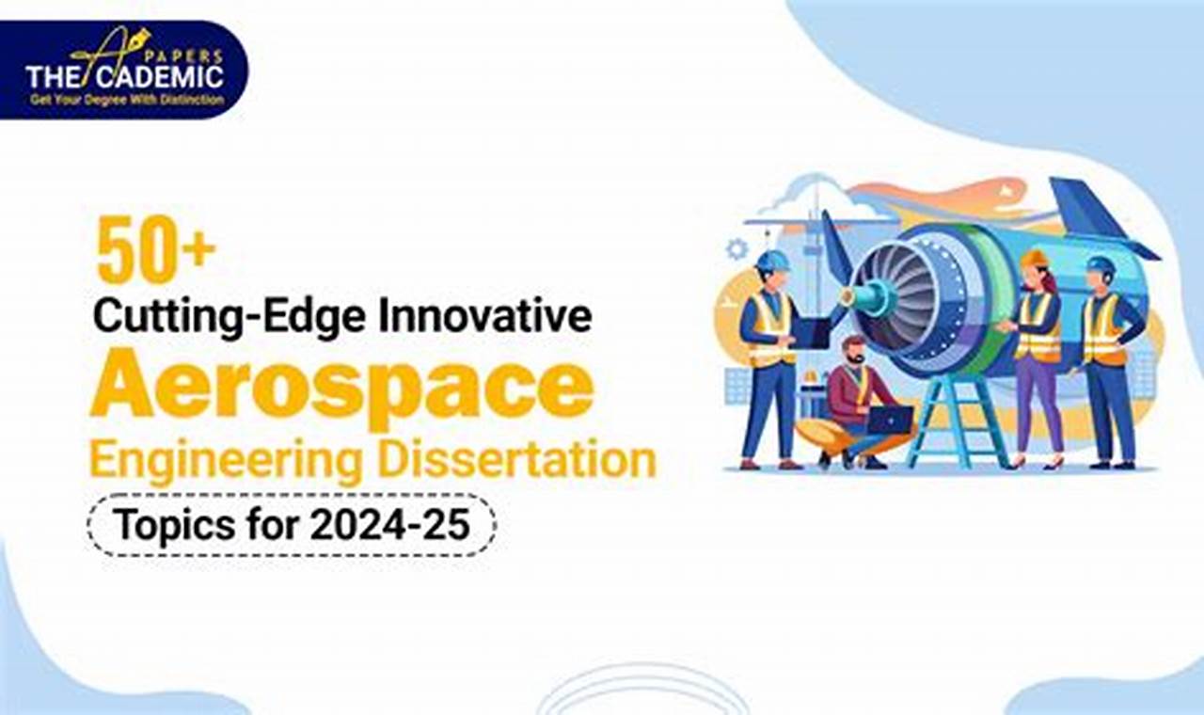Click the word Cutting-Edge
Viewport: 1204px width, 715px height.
click(231, 316)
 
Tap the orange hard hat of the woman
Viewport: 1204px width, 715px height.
click(1034, 258)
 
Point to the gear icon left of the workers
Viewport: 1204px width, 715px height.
click(737, 249)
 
